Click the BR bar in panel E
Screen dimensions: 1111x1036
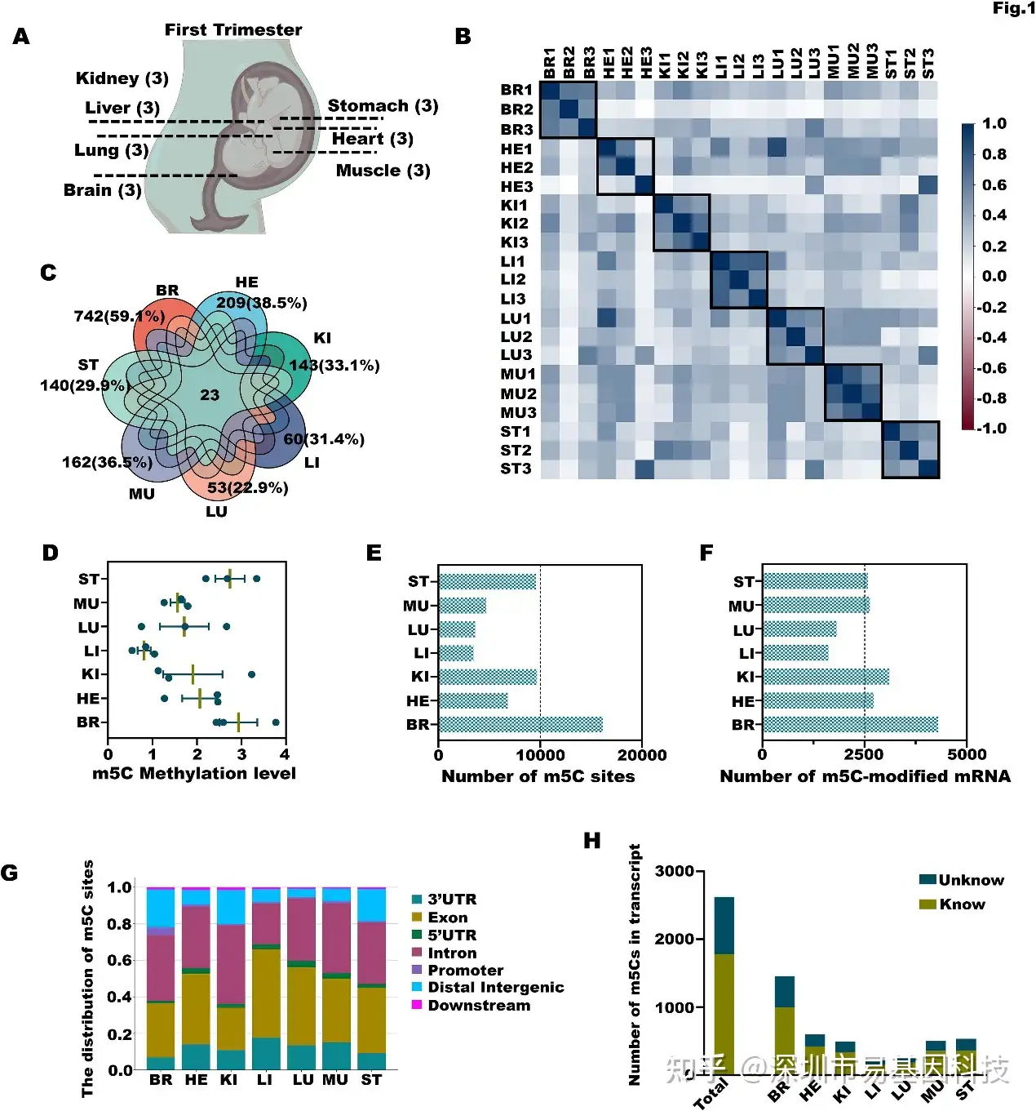coord(520,724)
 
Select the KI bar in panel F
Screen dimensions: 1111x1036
coord(826,677)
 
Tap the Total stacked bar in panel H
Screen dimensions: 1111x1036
coord(724,985)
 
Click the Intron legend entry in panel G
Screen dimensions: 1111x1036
coord(452,953)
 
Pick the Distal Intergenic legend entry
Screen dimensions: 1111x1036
coord(495,987)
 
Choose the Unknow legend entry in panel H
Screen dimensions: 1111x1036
coord(970,880)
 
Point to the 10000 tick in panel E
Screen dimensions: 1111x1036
coord(540,755)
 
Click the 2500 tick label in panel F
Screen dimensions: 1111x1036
coord(864,755)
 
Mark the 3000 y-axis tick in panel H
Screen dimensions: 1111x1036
coord(675,871)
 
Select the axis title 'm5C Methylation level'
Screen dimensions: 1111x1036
coord(194,774)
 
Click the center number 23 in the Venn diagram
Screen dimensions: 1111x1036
coord(210,395)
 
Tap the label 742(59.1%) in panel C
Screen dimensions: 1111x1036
coord(119,316)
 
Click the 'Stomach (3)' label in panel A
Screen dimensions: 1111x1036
coord(383,106)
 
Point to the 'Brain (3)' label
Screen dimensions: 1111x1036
coord(103,190)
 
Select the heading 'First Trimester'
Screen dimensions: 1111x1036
coord(233,30)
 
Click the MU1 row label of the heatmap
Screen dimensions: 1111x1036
coord(518,374)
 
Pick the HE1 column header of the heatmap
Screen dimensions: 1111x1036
coord(607,63)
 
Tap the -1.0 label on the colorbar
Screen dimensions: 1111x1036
coord(993,429)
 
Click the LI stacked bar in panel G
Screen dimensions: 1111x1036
coord(266,978)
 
